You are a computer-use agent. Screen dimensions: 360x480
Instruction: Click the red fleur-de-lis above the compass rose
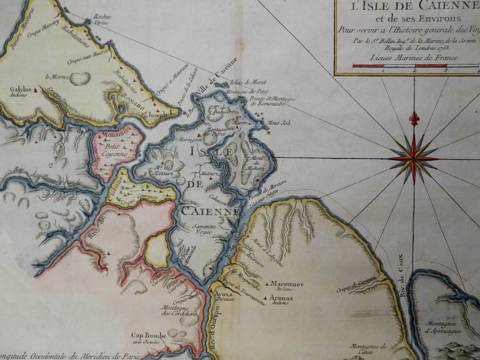tap(413, 119)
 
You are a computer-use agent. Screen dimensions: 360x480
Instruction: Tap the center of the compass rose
tap(413, 158)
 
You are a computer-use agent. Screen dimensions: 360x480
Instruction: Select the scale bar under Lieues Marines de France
tap(415, 66)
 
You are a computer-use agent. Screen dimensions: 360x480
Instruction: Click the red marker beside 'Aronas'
tap(266, 298)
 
